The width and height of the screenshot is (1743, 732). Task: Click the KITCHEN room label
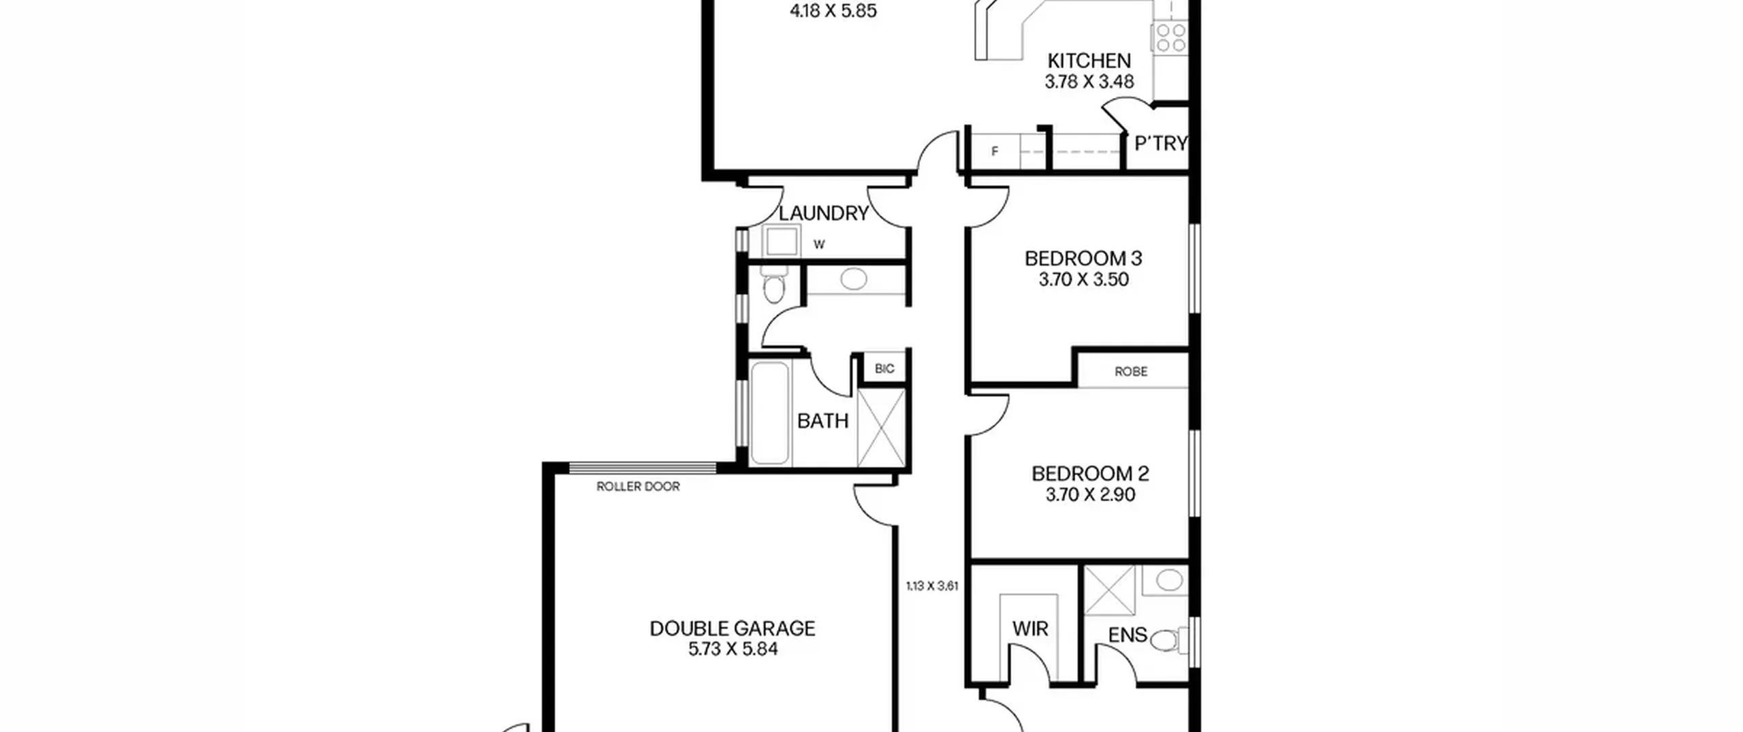[x=1089, y=61]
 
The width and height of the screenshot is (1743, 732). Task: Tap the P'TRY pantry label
[x=1161, y=144]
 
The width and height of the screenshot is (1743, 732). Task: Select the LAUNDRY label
[x=824, y=213]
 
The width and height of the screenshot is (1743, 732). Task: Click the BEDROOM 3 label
[x=1083, y=259]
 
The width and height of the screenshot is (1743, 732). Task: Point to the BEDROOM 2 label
[x=1090, y=474]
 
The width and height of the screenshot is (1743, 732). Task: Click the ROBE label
[x=1131, y=372]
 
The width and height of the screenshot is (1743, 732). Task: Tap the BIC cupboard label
[x=884, y=369]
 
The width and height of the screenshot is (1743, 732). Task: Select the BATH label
[x=822, y=421]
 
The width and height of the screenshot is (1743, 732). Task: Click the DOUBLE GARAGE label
[x=733, y=628]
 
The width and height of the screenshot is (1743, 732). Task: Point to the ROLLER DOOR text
[x=638, y=486]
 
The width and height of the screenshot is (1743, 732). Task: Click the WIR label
[x=1030, y=629]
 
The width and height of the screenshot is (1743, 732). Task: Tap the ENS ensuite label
[x=1128, y=635]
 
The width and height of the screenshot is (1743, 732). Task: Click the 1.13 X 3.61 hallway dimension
[x=932, y=586]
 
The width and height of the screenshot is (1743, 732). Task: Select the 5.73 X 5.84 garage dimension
[x=733, y=649]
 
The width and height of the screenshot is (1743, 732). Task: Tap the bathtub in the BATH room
[x=770, y=413]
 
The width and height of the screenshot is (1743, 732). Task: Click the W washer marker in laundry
[x=819, y=244]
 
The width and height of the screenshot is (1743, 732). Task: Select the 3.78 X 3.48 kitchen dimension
[x=1089, y=82]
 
